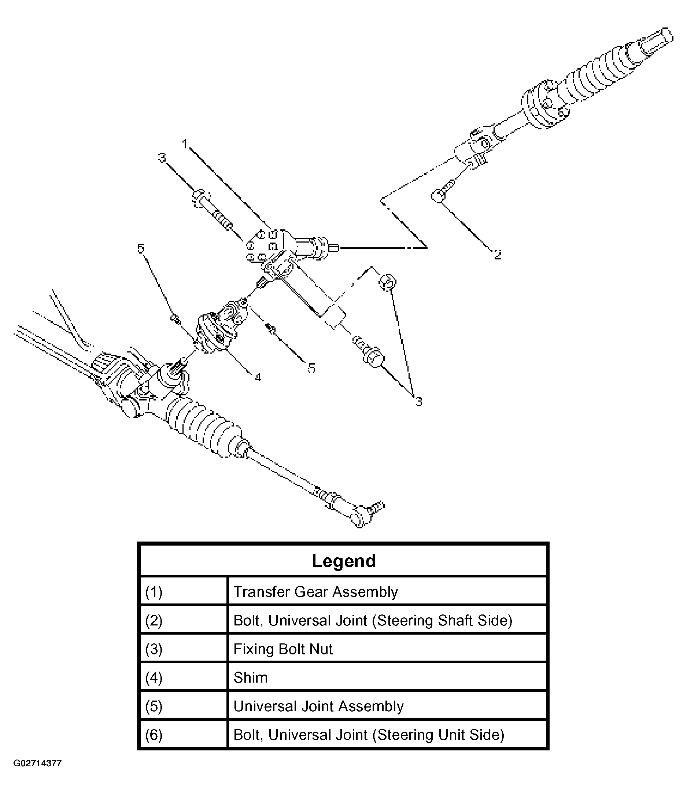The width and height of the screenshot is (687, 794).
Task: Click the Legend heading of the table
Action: pos(344,561)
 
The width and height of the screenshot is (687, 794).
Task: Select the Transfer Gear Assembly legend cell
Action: pos(315,592)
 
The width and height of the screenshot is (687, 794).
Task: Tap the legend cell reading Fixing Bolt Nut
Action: pos(283,649)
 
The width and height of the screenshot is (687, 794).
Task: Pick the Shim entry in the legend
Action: pos(250,677)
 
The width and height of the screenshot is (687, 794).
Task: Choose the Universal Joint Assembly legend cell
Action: pos(318,706)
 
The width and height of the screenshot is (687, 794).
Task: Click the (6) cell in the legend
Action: pos(154,735)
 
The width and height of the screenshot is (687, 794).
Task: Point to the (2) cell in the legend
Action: pos(154,621)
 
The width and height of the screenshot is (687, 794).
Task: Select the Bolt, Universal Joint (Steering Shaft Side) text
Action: pos(373,621)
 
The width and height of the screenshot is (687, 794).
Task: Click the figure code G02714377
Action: pos(38,763)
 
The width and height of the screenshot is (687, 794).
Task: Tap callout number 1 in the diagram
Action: pos(185,144)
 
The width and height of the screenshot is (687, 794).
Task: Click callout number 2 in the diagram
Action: pos(497,254)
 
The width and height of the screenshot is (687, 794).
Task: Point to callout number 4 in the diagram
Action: pos(258,378)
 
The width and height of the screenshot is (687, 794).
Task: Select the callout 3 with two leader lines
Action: pos(418,402)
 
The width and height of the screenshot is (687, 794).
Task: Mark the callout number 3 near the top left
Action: pos(162,158)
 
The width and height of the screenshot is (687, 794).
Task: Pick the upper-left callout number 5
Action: pos(141,248)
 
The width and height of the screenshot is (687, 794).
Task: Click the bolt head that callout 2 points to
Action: pos(438,196)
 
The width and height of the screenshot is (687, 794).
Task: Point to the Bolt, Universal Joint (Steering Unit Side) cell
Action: pos(369,735)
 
